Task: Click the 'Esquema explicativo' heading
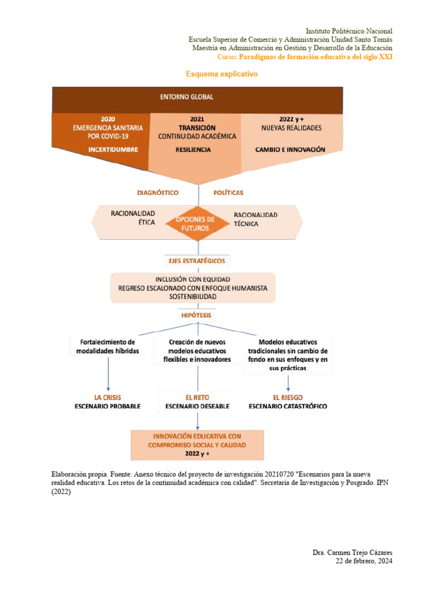(x=221, y=75)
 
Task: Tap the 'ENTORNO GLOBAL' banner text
(x=197, y=98)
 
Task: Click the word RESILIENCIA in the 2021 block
(x=193, y=149)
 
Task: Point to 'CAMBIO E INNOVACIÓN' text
(x=290, y=149)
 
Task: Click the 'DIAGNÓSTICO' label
(x=157, y=193)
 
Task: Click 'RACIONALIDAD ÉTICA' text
(x=133, y=218)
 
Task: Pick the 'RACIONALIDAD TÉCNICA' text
(x=255, y=219)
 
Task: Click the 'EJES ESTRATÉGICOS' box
(x=197, y=261)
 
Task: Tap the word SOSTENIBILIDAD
(x=193, y=297)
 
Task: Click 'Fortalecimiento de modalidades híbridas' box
(x=108, y=346)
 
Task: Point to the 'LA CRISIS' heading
(x=108, y=397)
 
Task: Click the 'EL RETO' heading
(x=197, y=397)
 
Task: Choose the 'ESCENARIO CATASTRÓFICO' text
(x=287, y=406)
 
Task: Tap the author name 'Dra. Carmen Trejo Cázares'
(x=352, y=553)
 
